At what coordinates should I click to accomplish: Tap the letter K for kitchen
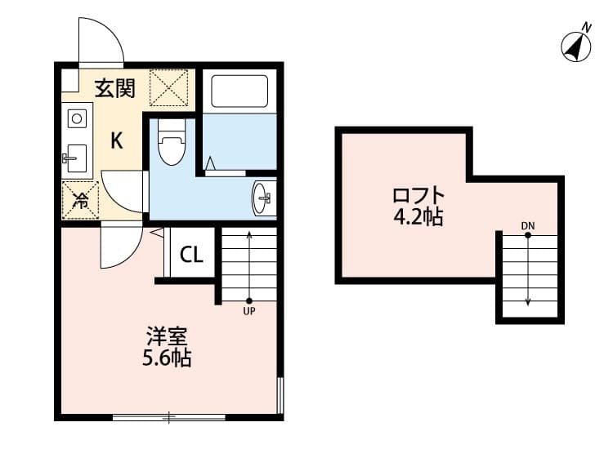tap(117, 140)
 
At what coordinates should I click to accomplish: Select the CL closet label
tap(191, 255)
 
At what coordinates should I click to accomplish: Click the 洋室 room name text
tap(168, 336)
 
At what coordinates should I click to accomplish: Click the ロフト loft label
tap(419, 196)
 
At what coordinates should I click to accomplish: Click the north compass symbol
tap(577, 47)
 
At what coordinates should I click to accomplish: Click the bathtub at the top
tap(239, 91)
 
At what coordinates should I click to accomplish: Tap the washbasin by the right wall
tap(264, 197)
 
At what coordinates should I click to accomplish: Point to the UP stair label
tap(248, 311)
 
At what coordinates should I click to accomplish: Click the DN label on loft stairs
tap(527, 224)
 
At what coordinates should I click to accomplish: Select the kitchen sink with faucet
tap(78, 158)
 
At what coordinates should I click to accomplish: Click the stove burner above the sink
tap(77, 118)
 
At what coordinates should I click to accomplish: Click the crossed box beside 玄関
tap(169, 87)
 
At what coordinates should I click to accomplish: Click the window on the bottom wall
tap(168, 417)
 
